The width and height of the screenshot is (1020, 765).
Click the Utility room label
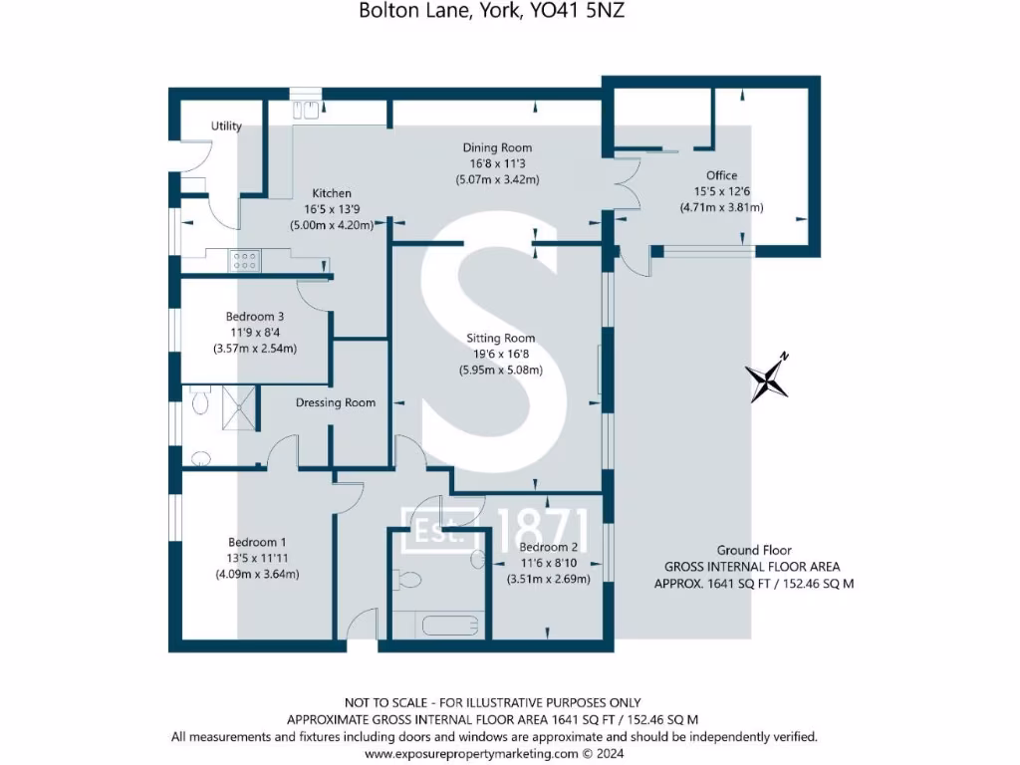coord(226,127)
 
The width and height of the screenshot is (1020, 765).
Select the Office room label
coord(721,175)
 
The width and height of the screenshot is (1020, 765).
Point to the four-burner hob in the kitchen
coord(245,260)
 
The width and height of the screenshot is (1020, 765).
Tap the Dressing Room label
coord(336,402)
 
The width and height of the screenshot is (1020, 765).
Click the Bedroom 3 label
coord(255,317)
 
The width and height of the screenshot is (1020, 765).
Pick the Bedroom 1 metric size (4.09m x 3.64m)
coord(257,574)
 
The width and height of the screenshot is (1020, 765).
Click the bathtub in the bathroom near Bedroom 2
coord(437,626)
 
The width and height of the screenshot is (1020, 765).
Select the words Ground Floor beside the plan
coord(754,550)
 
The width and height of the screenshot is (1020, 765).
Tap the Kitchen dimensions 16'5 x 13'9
coord(331,209)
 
